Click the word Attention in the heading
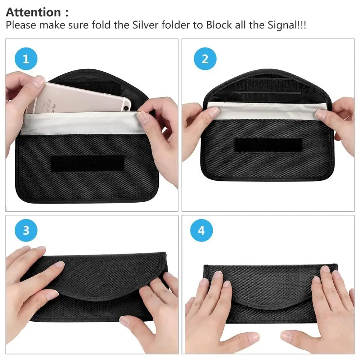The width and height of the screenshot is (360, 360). point(33,12)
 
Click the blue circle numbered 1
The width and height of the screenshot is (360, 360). point(26,59)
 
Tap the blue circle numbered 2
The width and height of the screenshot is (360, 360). point(204,59)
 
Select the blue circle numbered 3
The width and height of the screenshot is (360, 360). point(26,230)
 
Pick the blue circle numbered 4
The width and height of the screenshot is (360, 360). point(202,230)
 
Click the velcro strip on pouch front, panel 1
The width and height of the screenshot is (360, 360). point(87,163)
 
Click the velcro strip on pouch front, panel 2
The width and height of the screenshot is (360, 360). point(268,145)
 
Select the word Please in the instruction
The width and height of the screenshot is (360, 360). point(21,26)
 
